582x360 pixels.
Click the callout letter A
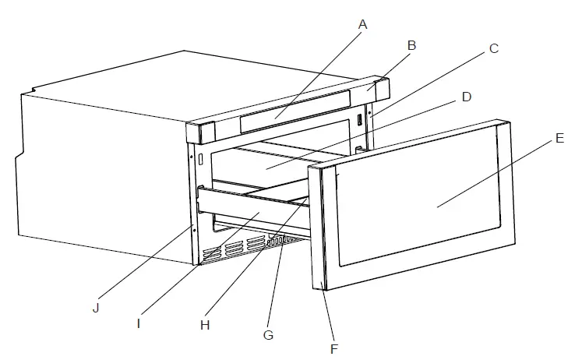click(x=362, y=24)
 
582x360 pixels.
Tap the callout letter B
click(x=411, y=45)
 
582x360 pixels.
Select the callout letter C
click(x=493, y=48)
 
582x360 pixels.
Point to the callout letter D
click(x=466, y=97)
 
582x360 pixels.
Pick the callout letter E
click(x=560, y=138)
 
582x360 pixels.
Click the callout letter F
click(x=334, y=348)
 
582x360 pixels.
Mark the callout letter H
click(x=205, y=325)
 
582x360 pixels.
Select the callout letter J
click(x=95, y=308)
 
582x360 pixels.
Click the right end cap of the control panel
click(x=379, y=88)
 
